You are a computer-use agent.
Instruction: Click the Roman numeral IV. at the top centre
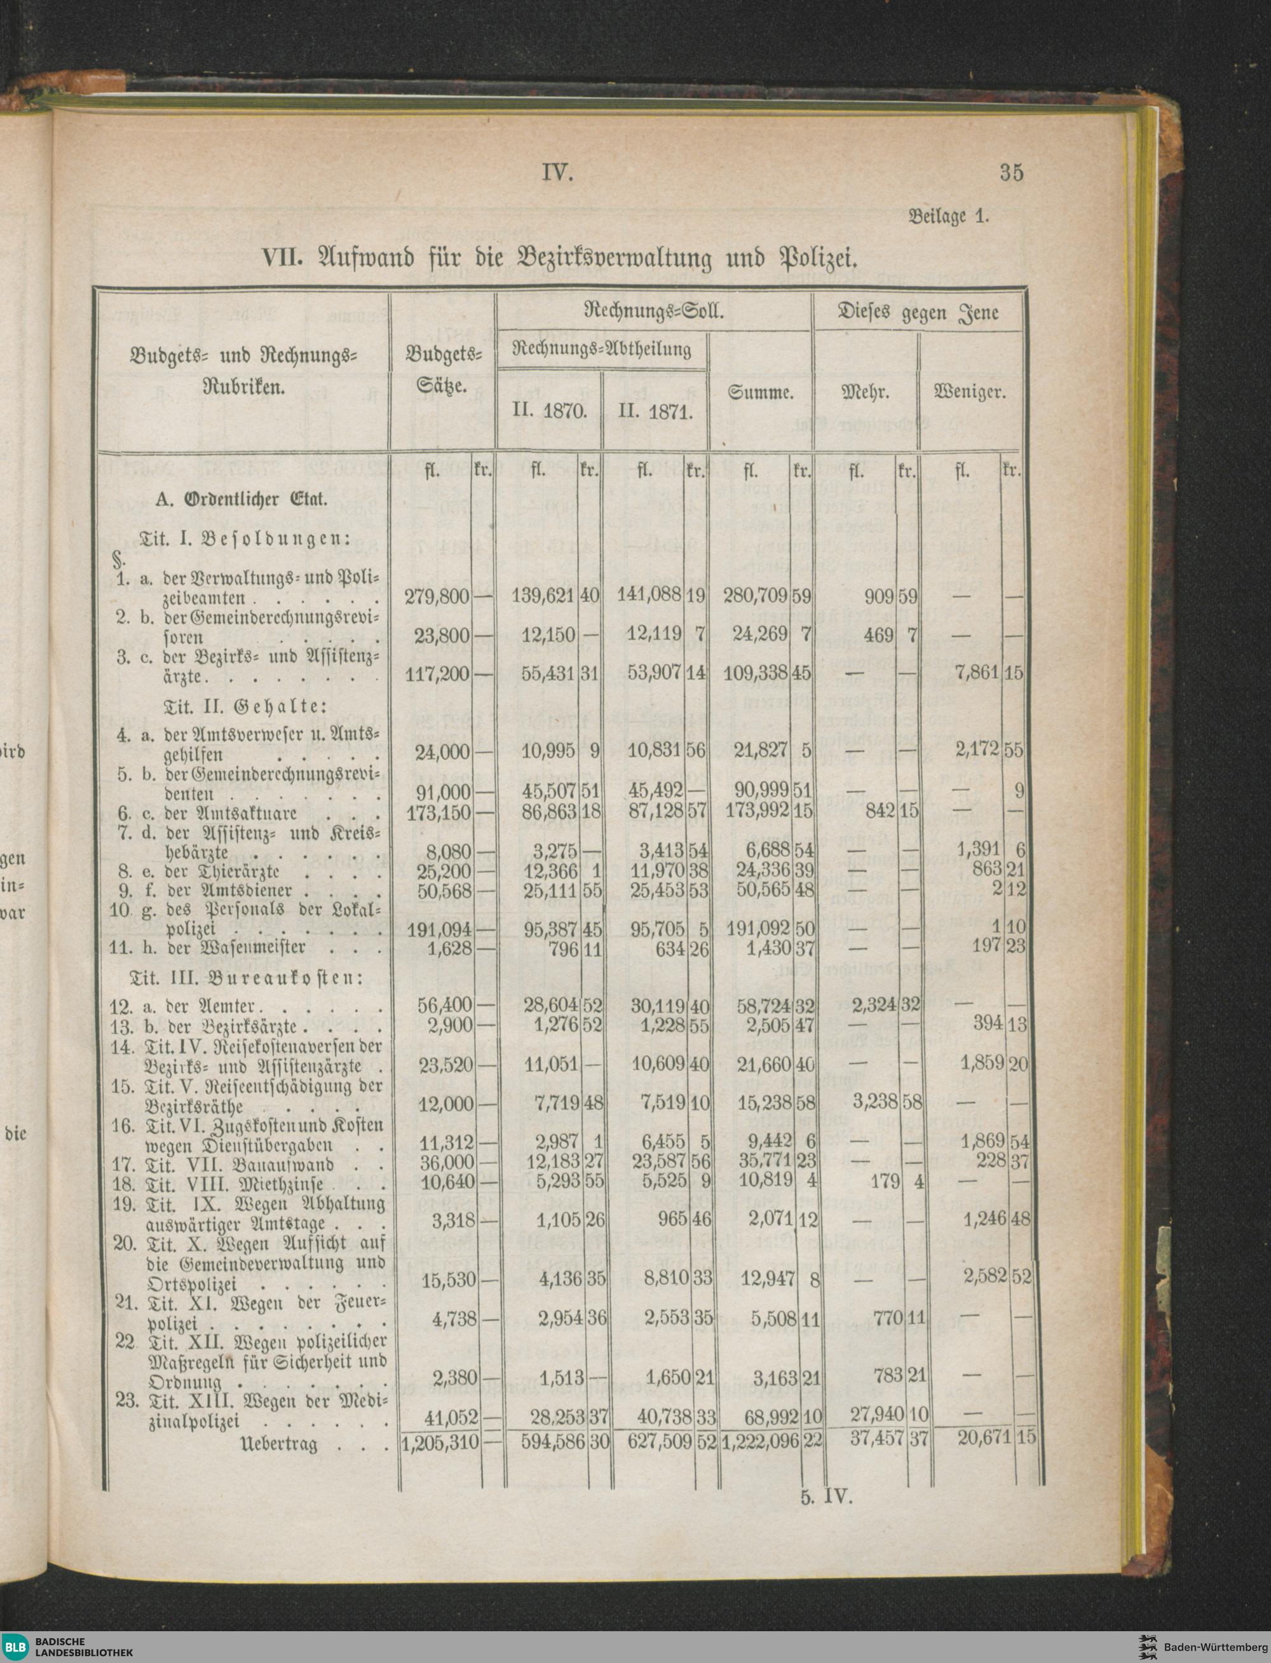[559, 174]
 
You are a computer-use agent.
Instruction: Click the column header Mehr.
[865, 394]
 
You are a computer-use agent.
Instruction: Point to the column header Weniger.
[970, 394]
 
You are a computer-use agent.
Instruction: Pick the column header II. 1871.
[655, 413]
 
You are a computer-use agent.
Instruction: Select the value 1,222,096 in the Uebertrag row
[760, 1442]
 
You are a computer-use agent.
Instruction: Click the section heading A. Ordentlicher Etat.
[241, 500]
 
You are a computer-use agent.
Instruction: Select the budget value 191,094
[438, 928]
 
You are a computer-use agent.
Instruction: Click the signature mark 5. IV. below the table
[826, 1496]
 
